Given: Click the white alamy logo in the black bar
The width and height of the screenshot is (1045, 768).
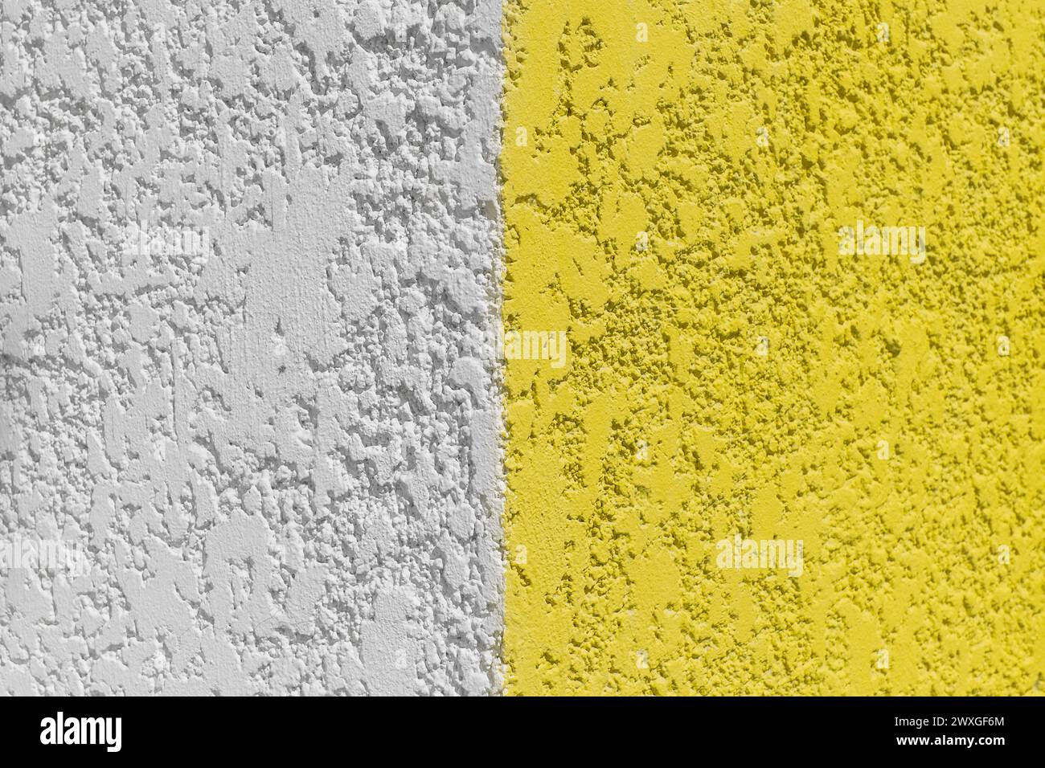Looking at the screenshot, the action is click(x=80, y=732).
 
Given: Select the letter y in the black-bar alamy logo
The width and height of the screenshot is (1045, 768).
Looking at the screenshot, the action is click(x=113, y=736).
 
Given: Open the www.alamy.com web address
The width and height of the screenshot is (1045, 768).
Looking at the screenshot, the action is click(x=957, y=744).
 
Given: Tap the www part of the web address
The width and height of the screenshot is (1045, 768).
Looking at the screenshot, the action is click(x=914, y=744).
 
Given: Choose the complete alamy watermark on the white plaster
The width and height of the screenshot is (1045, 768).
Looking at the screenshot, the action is click(x=164, y=243).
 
